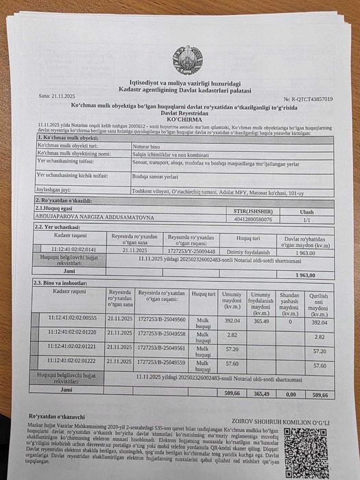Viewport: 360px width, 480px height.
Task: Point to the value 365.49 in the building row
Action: click(x=261, y=320)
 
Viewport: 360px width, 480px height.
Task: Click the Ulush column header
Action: click(x=307, y=212)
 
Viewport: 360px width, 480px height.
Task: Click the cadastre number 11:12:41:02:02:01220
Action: click(x=77, y=333)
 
